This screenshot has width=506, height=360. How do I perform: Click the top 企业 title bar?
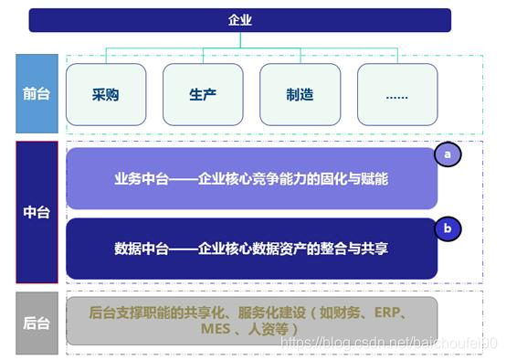239,20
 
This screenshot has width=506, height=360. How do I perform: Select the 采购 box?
106,94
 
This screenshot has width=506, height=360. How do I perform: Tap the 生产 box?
203,94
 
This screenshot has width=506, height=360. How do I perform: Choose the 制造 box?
300,94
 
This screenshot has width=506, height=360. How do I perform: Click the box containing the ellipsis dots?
396,94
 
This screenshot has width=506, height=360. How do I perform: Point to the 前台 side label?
37,93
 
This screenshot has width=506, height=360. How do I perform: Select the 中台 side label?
37,212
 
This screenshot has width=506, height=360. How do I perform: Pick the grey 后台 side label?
37,322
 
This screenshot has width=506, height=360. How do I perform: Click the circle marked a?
448,155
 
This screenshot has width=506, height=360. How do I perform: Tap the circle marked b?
448,228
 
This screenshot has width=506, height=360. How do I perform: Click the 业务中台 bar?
251,179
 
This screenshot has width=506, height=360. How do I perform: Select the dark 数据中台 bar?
251,248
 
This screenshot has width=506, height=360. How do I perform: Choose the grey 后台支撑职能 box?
251,321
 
